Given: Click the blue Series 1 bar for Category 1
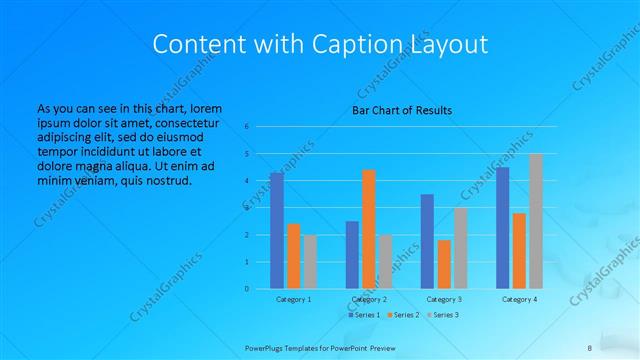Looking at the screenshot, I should [x=277, y=231].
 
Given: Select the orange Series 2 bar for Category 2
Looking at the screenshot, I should [x=369, y=229].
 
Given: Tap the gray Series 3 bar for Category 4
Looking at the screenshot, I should [x=536, y=221].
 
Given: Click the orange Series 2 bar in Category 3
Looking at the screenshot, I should [x=444, y=264].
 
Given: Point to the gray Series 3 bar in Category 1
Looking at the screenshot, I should [x=310, y=262].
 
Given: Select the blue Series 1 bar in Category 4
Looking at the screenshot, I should [x=502, y=228].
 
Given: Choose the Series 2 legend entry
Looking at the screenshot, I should [x=402, y=315].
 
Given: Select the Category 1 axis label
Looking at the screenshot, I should [x=294, y=299].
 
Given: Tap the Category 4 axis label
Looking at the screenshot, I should [x=519, y=299].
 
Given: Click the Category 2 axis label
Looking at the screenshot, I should [x=369, y=299].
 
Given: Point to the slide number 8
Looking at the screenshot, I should [x=590, y=347].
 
